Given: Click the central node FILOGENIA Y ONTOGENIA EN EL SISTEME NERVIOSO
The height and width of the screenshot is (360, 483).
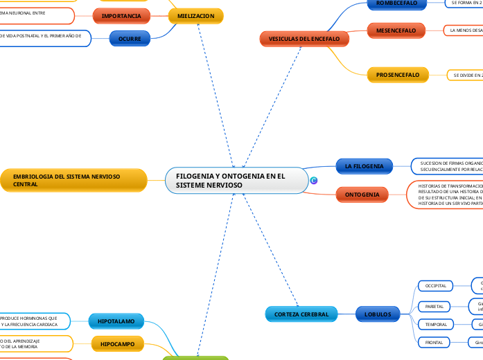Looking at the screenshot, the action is [x=236, y=181].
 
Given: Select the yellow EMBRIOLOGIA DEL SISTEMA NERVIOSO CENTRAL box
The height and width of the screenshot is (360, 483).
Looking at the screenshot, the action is [x=74, y=181].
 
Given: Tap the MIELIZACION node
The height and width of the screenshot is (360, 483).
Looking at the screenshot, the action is [x=195, y=15].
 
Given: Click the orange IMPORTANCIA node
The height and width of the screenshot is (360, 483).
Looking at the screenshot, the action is [x=121, y=15].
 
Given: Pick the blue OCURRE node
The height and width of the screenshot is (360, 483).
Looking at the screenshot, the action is [x=129, y=39].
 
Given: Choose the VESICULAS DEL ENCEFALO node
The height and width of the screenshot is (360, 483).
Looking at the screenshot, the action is [x=304, y=39].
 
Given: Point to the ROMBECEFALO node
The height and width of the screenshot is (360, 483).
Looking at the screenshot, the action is [x=396, y=3].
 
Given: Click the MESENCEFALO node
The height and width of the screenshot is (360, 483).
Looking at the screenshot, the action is [x=396, y=30].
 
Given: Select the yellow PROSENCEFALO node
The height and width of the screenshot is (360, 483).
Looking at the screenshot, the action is [x=398, y=74].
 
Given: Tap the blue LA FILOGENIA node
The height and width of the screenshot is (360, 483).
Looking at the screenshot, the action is [x=364, y=166].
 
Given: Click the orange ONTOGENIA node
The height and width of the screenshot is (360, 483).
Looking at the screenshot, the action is [x=362, y=195].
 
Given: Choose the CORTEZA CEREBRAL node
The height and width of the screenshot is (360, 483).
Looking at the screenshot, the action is [x=301, y=314].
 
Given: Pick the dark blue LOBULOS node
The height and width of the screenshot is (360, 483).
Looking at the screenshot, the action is [x=378, y=314].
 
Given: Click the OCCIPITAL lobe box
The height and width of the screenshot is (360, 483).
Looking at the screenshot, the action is [x=436, y=285].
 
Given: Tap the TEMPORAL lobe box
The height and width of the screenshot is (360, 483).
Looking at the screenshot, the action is [x=436, y=324].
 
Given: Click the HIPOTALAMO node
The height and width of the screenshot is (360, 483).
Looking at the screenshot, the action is [x=116, y=321].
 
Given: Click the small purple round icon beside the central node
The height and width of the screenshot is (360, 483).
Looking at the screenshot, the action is [x=314, y=181].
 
